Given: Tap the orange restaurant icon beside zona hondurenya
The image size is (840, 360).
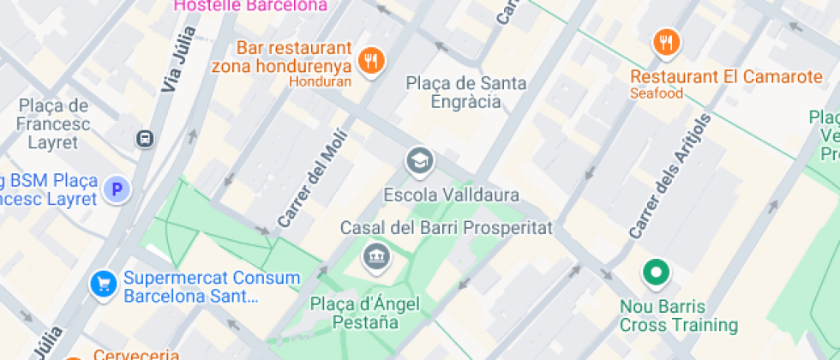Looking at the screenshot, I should [x=371, y=60].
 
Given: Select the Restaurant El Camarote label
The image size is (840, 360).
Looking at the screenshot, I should [x=725, y=77].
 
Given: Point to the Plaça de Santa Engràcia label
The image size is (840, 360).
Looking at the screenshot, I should [x=466, y=93].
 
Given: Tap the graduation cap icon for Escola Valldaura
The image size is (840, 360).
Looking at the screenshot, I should [x=419, y=160].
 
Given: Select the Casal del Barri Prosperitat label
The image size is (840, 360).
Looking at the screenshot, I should [x=447, y=229].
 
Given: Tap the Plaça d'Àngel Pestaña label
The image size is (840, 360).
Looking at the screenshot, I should [x=366, y=313].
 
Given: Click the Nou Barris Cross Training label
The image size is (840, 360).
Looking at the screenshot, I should [x=678, y=315].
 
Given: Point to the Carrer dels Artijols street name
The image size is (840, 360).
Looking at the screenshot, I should [x=670, y=177].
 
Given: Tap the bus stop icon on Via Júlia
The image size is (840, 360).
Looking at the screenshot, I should [x=146, y=138].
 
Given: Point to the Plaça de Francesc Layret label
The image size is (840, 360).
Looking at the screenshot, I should [x=53, y=124].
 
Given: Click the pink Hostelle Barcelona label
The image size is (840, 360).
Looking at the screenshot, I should [x=250, y=5].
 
